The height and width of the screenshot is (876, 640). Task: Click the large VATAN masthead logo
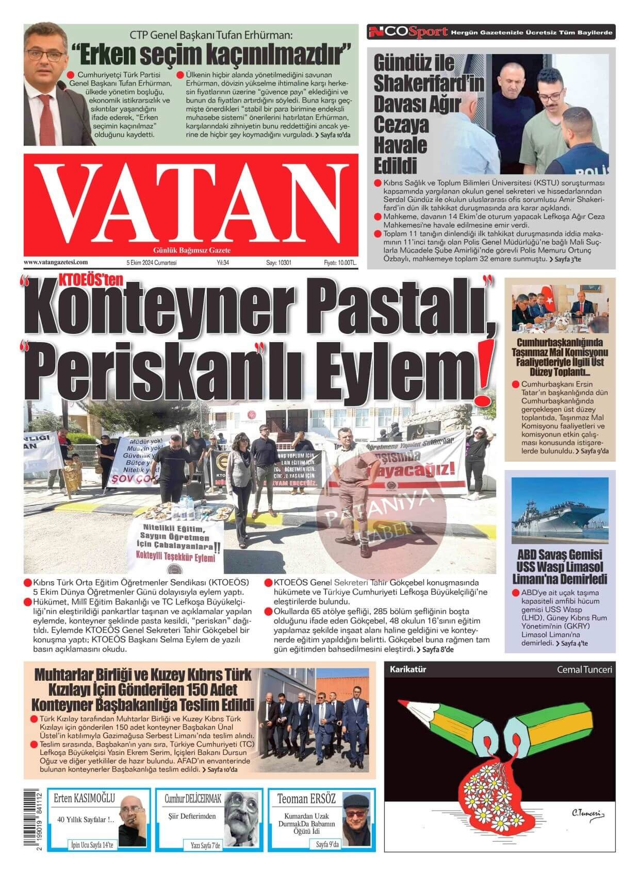click(x=191, y=203)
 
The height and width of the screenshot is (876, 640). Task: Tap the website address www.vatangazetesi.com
click(x=56, y=262)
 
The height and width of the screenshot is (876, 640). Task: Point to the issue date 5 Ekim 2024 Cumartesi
click(x=152, y=262)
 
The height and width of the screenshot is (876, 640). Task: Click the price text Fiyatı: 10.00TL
click(x=340, y=262)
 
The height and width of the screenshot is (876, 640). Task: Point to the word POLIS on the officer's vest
click(x=590, y=172)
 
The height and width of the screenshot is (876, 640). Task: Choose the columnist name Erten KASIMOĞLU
click(x=85, y=799)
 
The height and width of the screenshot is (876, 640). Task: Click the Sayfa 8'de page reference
click(x=435, y=649)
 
